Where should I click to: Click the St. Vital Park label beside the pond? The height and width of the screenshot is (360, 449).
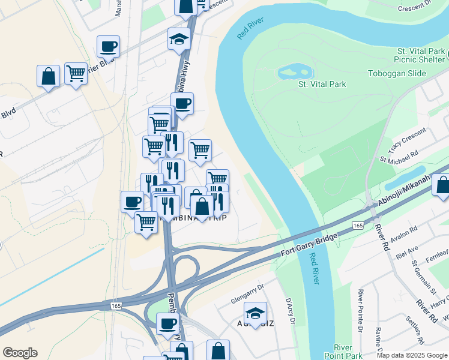point(322,85)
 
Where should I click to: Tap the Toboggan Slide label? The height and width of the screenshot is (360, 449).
point(396,74)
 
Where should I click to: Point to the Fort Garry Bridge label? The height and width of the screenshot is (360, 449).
point(310,246)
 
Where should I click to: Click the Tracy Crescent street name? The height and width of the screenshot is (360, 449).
point(407,140)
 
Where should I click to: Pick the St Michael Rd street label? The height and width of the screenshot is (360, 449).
point(399,158)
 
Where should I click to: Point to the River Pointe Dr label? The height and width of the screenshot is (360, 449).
point(360,310)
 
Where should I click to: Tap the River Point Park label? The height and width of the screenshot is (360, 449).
point(343,352)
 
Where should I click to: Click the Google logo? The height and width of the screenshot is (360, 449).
point(19,353)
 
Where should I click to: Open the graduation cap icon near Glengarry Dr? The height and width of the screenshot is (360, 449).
point(255,312)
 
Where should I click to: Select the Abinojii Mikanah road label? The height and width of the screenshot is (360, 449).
point(403,192)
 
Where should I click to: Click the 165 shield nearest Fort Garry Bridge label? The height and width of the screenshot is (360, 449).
point(358,225)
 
